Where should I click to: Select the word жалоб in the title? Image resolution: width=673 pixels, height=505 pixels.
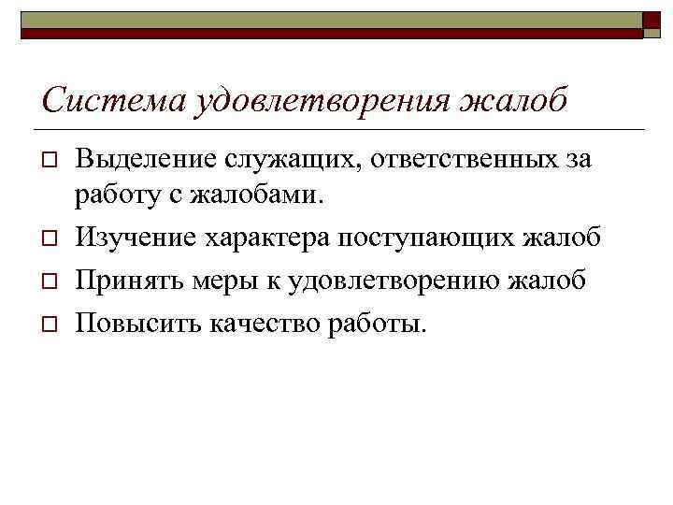[x=512, y=99]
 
